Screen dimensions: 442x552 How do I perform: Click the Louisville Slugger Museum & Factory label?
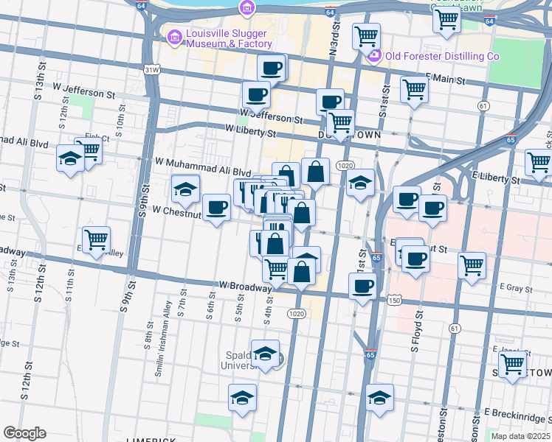pyautogui.click(x=229, y=38)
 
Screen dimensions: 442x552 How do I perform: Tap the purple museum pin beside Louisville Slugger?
pyautogui.click(x=174, y=36)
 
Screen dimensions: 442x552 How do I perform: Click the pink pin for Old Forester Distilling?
pyautogui.click(x=374, y=56)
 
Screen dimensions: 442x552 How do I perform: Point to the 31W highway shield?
pyautogui.click(x=151, y=70)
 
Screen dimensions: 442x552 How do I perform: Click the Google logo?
pyautogui.click(x=25, y=433)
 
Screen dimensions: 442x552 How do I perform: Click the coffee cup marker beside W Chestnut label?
pyautogui.click(x=216, y=208)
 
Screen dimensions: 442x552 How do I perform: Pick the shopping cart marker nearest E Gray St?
pyautogui.click(x=472, y=265)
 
